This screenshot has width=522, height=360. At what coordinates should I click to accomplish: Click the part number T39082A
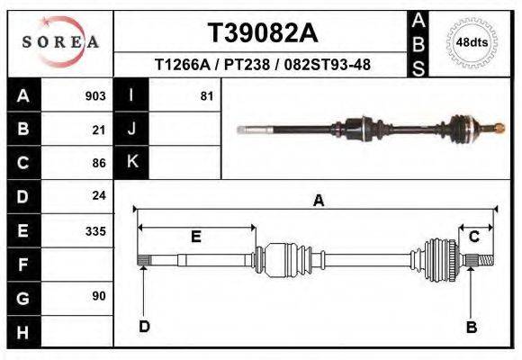point(263,33)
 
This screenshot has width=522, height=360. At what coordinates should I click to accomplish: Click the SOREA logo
point(60,42)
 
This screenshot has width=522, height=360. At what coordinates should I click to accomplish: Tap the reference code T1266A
point(184,66)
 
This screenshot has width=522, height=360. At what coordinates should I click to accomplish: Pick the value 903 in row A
point(94,96)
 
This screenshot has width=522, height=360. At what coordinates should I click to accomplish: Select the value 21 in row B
point(99,130)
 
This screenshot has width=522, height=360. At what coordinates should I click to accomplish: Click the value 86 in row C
point(99,163)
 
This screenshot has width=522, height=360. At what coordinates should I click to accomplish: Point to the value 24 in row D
point(99,195)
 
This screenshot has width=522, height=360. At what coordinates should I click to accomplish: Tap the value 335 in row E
point(94,230)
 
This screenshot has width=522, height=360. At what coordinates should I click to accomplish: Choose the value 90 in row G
point(99,296)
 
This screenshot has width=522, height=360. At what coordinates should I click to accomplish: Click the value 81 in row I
point(206,96)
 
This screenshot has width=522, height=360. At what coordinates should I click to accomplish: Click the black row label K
point(131,162)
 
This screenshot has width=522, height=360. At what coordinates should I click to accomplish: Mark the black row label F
point(22,264)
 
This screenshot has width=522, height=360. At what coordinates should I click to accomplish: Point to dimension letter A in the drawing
point(318,201)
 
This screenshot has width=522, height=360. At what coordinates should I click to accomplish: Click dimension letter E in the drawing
point(195,237)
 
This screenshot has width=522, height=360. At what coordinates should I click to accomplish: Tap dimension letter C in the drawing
point(473,236)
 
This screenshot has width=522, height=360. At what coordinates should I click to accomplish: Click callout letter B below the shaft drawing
point(471,328)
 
